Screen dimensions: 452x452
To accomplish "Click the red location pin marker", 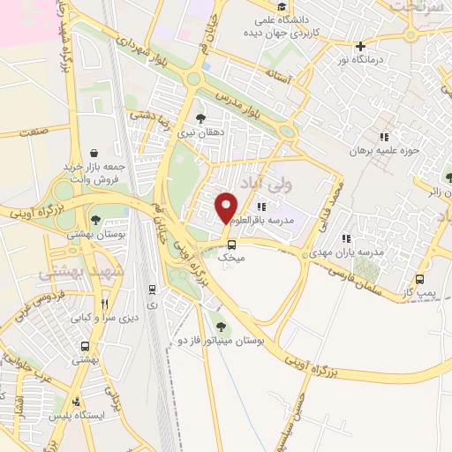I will [226, 207].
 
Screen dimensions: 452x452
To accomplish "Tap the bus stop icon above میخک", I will [231, 245].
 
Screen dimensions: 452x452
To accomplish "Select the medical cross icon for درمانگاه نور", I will [359, 46].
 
